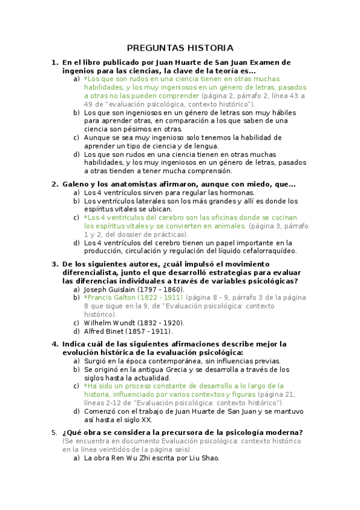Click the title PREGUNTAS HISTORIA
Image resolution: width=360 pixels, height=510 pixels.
pyautogui.click(x=180, y=48)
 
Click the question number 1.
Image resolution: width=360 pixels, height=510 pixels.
pyautogui.click(x=54, y=62)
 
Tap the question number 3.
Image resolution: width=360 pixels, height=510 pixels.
pyautogui.click(x=54, y=264)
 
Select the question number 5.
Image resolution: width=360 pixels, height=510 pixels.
pyautogui.click(x=54, y=432)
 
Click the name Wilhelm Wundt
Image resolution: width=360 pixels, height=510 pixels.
pyautogui.click(x=109, y=323)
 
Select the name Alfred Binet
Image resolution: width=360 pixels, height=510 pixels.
pyautogui.click(x=103, y=331)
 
